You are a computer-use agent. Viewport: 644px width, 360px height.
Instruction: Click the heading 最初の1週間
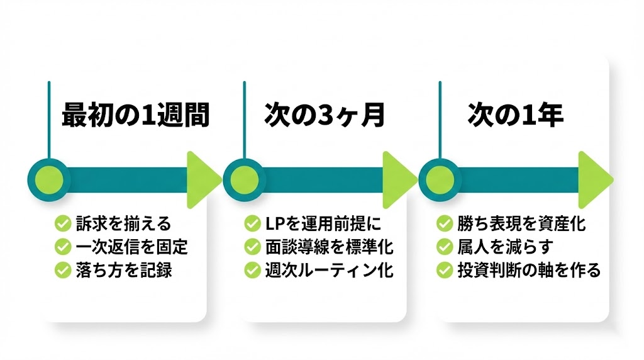pyautogui.click(x=135, y=116)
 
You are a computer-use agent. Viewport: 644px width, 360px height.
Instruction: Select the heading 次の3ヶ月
pyautogui.click(x=325, y=116)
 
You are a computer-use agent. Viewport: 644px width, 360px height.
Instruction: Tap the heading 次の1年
pyautogui.click(x=516, y=116)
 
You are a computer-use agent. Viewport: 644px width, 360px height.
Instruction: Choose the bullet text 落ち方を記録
pyautogui.click(x=124, y=270)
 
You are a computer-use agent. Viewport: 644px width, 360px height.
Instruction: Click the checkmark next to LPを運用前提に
pyautogui.click(x=252, y=223)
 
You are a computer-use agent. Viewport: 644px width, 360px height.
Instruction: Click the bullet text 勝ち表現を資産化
pyautogui.click(x=522, y=223)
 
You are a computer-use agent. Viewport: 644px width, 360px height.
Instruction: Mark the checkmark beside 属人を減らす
pyautogui.click(x=445, y=246)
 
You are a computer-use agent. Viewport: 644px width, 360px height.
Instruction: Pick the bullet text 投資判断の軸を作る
pyautogui.click(x=529, y=270)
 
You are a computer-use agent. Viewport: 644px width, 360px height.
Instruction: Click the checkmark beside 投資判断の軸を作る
pyautogui.click(x=445, y=270)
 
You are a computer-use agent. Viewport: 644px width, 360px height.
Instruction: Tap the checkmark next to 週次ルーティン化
pyautogui.click(x=252, y=270)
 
